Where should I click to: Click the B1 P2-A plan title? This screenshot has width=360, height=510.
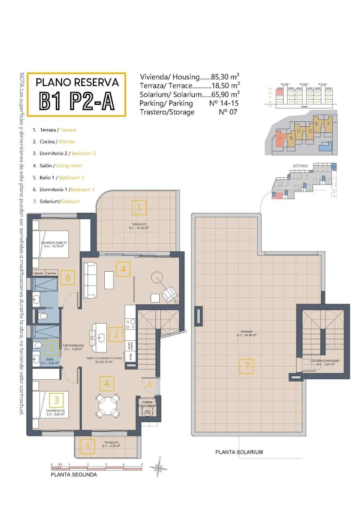point(76,101)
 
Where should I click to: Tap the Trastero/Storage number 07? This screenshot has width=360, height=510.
point(228,112)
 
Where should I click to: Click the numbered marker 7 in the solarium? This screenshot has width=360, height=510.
point(247,366)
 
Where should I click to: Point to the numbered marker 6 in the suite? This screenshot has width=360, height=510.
point(68,277)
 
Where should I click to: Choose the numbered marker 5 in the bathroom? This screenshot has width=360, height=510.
point(51,347)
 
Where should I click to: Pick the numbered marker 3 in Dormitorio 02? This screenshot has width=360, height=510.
point(57,399)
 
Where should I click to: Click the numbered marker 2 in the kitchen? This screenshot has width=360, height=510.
point(116,334)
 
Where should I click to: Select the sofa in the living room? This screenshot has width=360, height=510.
point(90,280)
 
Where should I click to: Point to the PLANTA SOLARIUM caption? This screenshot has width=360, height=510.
point(239,452)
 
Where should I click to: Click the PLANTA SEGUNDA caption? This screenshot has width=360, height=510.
point(74,475)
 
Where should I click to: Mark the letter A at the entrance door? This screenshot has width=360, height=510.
point(150,385)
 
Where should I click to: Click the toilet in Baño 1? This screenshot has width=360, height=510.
point(38,345)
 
